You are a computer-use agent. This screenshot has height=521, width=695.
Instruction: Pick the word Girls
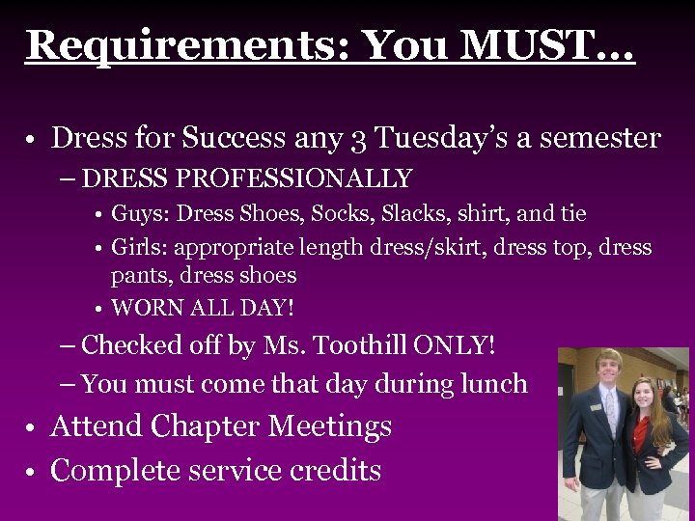point(141,247)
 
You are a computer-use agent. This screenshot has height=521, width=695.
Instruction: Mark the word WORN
point(147,309)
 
